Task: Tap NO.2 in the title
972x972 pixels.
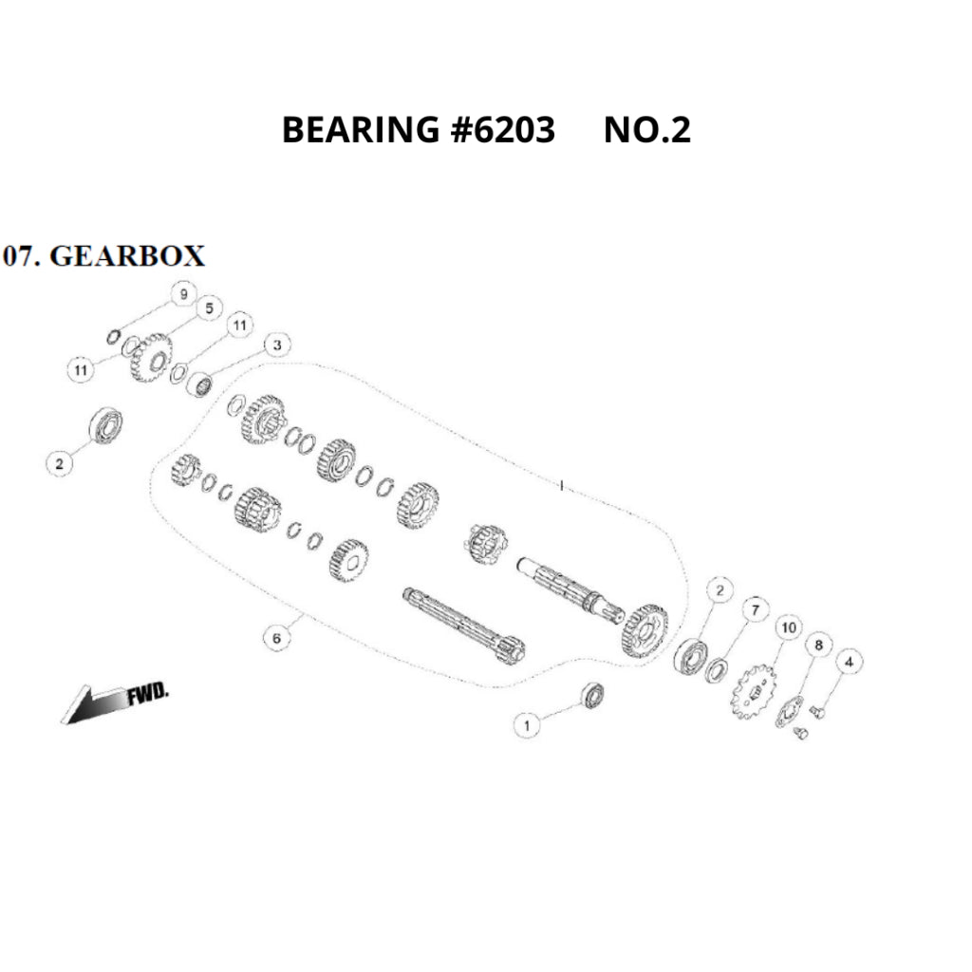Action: click(x=647, y=130)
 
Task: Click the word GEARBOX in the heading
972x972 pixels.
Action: click(x=126, y=256)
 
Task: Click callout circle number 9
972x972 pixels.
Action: click(x=183, y=295)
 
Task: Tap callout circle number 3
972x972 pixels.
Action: click(x=277, y=345)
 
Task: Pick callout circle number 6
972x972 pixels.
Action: click(x=276, y=638)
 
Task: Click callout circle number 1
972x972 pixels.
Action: click(x=528, y=725)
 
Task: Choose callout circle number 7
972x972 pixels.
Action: click(x=756, y=608)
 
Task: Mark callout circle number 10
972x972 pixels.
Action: click(x=787, y=627)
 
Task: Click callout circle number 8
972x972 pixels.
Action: click(x=815, y=646)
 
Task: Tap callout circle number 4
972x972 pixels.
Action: click(x=849, y=662)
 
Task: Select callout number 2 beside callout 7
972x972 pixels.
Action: click(x=720, y=590)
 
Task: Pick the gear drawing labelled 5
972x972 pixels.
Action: click(x=149, y=357)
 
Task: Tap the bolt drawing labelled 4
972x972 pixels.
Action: click(x=822, y=709)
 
